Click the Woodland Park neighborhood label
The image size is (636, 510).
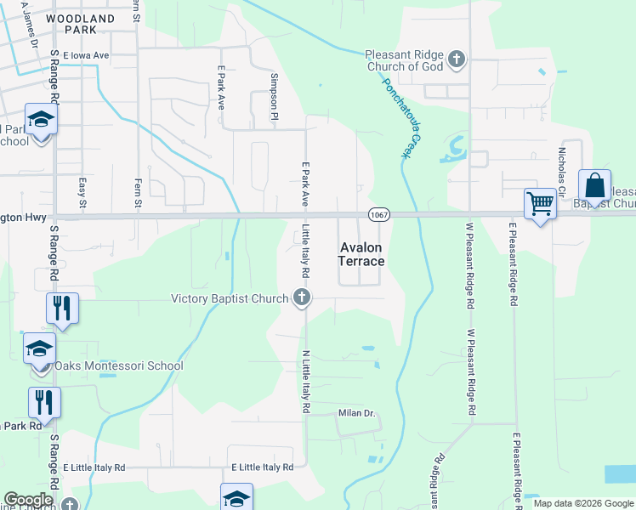click(80, 24)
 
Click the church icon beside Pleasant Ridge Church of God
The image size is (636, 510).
click(457, 59)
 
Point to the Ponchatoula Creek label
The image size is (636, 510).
click(401, 117)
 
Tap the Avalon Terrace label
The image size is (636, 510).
click(361, 254)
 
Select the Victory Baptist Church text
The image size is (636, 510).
click(230, 298)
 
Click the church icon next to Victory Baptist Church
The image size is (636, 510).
click(301, 297)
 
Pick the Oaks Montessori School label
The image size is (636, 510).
click(118, 366)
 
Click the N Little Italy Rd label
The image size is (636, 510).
click(305, 380)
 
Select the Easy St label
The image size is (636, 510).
click(82, 192)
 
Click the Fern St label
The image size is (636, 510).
click(136, 192)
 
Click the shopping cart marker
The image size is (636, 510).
click(540, 204)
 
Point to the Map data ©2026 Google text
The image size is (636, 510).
click(582, 503)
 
